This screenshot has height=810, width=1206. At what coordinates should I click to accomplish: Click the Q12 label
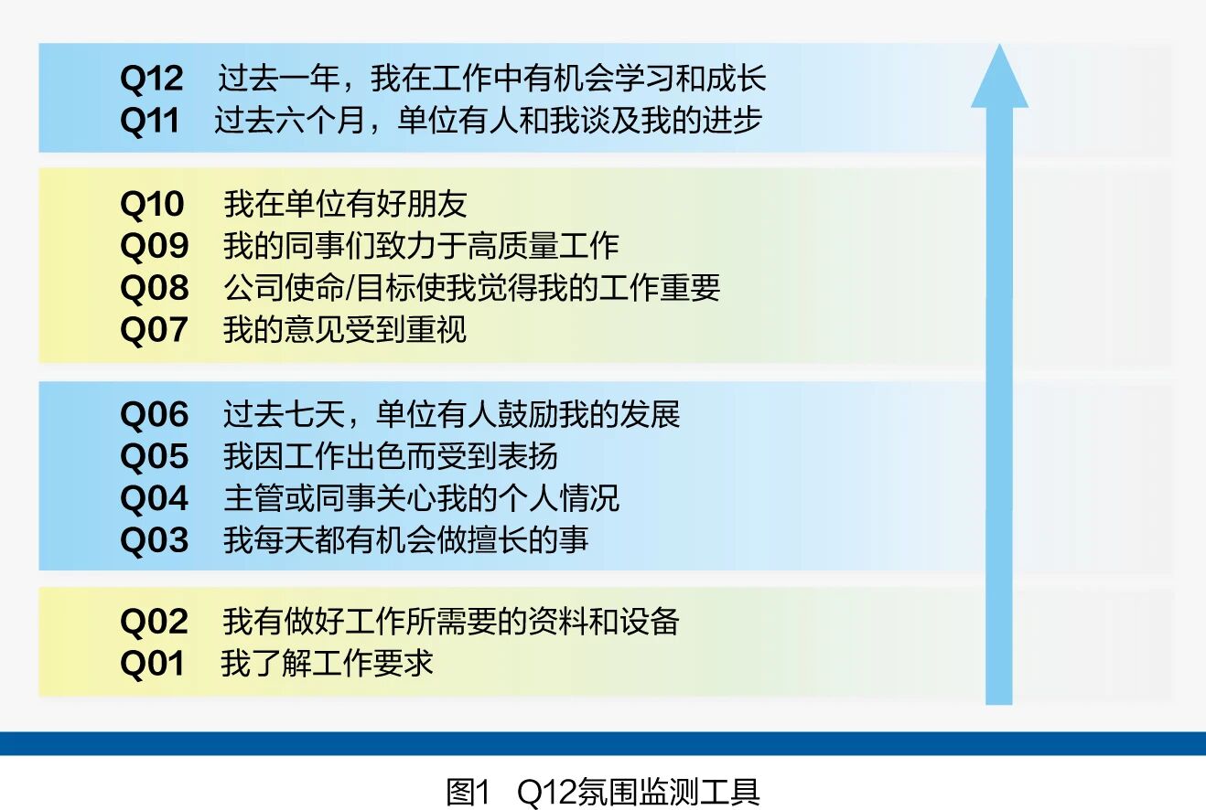(x=152, y=79)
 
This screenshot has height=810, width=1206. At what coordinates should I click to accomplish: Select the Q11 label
(x=150, y=121)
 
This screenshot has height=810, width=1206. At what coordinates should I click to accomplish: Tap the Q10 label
(x=152, y=205)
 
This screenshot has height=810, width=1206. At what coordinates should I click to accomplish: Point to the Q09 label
(x=155, y=246)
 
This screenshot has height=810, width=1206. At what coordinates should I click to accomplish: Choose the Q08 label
(x=155, y=288)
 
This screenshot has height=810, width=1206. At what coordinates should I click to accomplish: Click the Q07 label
(x=154, y=330)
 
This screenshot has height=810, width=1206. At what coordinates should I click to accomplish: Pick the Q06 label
(x=155, y=415)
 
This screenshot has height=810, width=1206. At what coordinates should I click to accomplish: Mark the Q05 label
(x=155, y=456)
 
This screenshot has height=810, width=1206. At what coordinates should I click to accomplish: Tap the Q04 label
(x=154, y=498)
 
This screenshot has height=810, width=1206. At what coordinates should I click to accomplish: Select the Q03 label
(x=155, y=540)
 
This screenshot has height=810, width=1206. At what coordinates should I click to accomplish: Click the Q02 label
(x=154, y=623)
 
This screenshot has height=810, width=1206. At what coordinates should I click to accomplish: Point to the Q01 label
(x=153, y=665)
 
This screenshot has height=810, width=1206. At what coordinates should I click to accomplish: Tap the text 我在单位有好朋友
(x=345, y=205)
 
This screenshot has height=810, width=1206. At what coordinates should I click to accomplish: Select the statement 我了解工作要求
(x=327, y=663)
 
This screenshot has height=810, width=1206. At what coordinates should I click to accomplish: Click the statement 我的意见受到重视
(x=345, y=330)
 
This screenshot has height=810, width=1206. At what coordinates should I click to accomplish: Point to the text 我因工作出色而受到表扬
(x=391, y=456)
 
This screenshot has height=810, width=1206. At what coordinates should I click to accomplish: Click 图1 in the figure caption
(x=468, y=793)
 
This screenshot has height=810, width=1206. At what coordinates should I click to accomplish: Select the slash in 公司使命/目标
(x=350, y=288)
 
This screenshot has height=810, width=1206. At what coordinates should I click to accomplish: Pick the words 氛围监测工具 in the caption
(x=668, y=793)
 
